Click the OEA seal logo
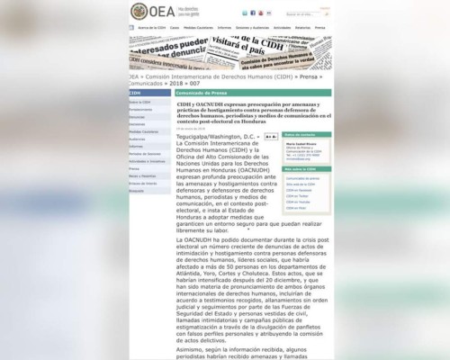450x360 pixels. [x=136, y=12]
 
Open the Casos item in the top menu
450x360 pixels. [x=174, y=28]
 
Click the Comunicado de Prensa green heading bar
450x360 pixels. [x=252, y=93]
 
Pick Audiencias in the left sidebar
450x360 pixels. [x=137, y=139]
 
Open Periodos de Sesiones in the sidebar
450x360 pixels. [x=144, y=153]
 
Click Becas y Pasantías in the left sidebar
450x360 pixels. [x=142, y=175]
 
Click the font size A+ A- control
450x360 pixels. [x=270, y=136]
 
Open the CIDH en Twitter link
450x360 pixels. [x=298, y=194]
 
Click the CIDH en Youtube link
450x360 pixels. [x=299, y=201]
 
